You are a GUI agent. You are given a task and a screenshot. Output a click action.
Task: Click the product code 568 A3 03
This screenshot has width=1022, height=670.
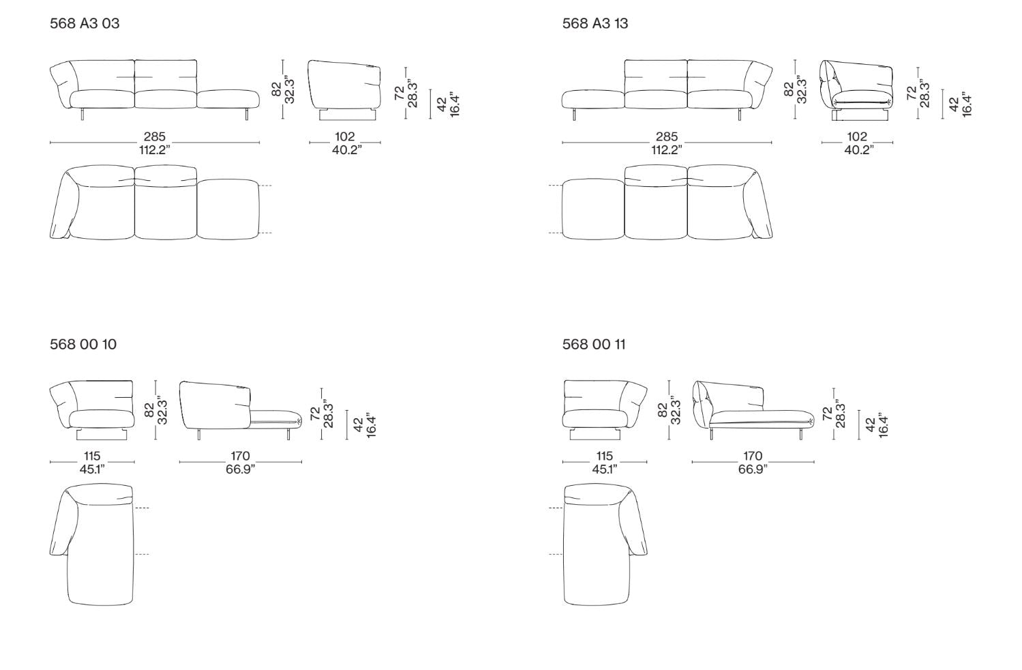pos(85,23)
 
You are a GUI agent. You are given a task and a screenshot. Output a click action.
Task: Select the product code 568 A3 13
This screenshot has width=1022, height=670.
pos(595,23)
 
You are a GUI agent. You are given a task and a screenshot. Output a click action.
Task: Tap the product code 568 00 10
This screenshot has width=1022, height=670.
pos(83,344)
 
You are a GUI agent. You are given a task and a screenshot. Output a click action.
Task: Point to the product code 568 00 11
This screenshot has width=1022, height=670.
pos(594,344)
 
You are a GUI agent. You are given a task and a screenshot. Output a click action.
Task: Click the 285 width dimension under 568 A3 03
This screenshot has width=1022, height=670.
pos(155,136)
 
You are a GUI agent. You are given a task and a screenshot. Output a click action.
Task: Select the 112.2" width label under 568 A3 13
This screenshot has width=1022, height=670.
pos(667,150)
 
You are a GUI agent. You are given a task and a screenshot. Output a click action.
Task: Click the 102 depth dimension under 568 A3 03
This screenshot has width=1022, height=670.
pos(344,136)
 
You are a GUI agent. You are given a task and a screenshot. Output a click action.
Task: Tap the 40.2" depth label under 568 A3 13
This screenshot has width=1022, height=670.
pos(858,150)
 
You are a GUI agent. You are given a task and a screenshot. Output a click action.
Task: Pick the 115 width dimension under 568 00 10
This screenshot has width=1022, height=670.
pos(92,456)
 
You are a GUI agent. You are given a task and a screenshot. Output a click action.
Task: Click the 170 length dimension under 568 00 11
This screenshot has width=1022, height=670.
pos(753,456)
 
